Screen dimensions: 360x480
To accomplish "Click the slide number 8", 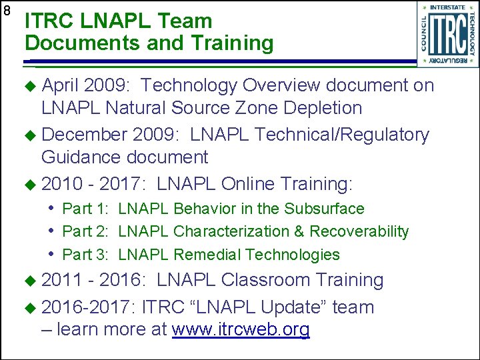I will [x=7, y=11].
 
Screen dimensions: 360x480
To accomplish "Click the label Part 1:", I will [x=86, y=209].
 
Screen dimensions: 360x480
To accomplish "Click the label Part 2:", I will [x=86, y=231].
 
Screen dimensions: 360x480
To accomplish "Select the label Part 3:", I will [x=86, y=255].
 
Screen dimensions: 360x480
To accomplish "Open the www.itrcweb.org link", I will [x=241, y=330].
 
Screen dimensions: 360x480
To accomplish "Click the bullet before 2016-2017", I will [x=32, y=308].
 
